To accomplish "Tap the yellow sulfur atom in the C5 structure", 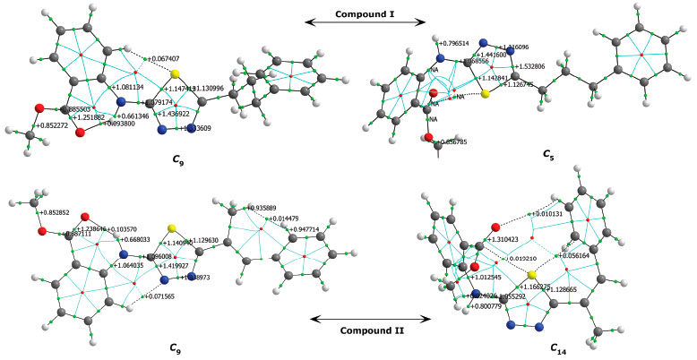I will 485,92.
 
